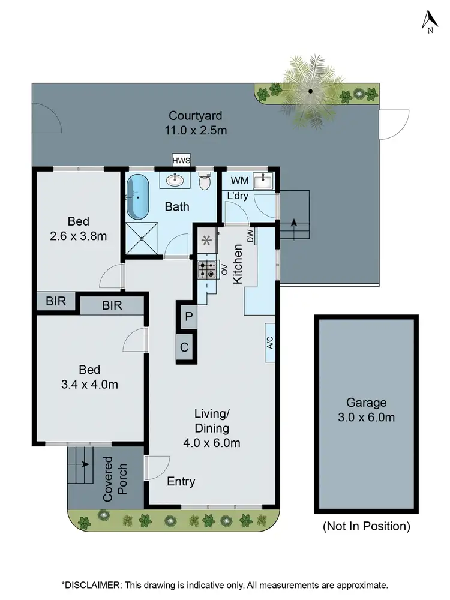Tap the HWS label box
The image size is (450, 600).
click(180, 160)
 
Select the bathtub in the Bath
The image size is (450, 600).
click(138, 196)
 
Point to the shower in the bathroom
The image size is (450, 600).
click(142, 239)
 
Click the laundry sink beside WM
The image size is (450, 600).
click(262, 180)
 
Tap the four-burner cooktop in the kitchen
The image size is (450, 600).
click(208, 271)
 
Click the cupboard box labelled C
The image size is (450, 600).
click(185, 347)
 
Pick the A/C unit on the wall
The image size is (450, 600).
click(270, 343)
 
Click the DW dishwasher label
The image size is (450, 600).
click(250, 237)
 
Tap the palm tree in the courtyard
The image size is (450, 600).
click(310, 91)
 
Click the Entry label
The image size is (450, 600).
click(181, 481)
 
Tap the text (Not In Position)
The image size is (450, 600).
click(367, 527)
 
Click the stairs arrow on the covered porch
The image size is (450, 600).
click(83, 464)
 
